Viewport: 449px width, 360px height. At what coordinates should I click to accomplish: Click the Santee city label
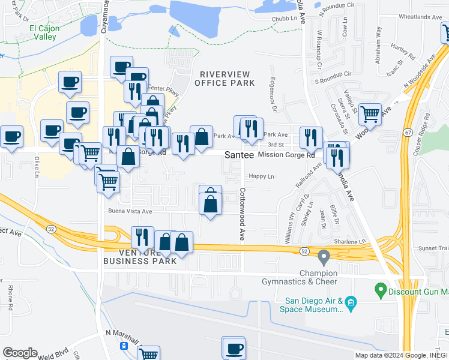[237, 155]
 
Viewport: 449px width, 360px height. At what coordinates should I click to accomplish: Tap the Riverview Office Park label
[224, 78]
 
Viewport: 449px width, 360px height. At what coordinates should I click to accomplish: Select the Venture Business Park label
[140, 256]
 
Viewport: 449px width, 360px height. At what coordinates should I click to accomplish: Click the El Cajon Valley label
[43, 32]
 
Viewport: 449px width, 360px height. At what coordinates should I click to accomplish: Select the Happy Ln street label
[261, 176]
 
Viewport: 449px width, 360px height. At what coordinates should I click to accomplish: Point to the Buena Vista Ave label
[130, 211]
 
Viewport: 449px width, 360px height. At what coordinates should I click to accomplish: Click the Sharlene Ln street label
[350, 242]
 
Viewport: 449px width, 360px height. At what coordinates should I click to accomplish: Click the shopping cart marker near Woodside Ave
[370, 112]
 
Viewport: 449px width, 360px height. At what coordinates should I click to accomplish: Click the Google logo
[20, 353]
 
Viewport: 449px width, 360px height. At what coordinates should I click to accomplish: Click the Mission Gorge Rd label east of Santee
[286, 155]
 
